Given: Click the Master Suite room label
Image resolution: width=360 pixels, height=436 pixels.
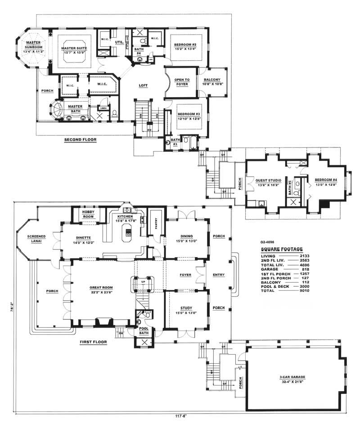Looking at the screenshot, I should [75, 48].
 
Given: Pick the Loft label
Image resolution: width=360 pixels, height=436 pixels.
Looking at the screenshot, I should [143, 85].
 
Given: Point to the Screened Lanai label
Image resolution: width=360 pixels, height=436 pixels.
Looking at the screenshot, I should [36, 238].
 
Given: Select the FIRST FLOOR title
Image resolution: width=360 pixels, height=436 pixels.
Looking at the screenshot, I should [93, 342].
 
